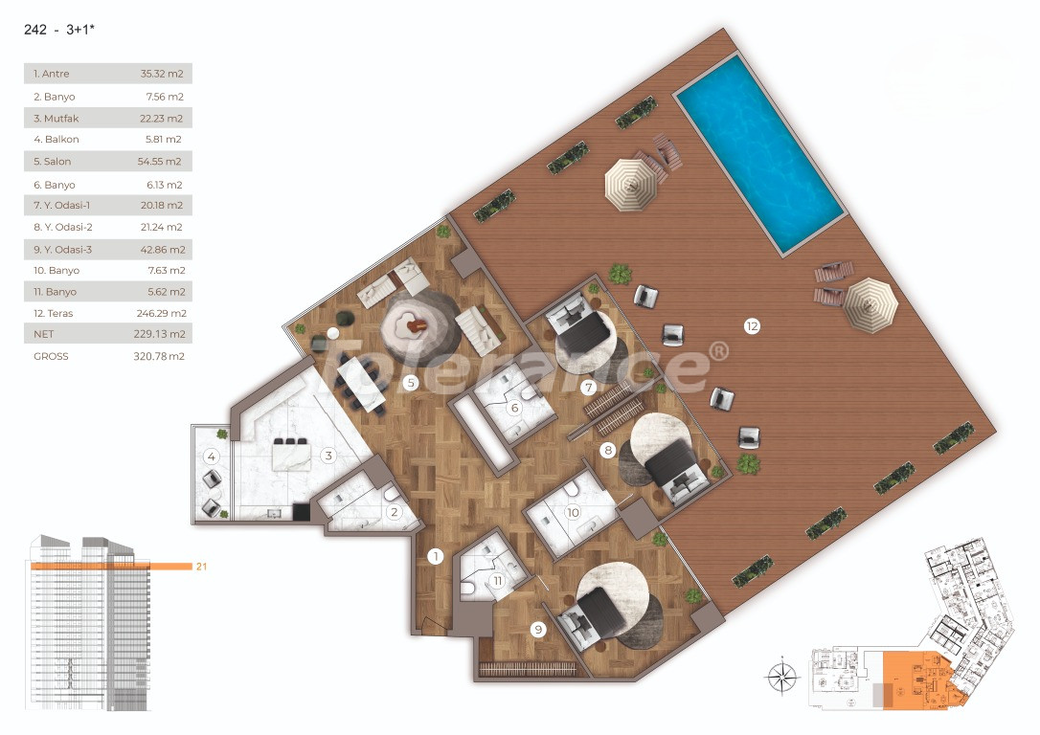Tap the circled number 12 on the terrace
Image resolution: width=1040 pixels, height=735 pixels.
752,326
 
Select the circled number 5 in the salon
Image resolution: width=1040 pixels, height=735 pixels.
410,384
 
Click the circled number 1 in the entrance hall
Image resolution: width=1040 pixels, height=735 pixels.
435,556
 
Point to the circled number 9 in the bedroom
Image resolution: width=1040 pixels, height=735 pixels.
538,629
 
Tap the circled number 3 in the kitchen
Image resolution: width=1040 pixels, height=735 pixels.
328,456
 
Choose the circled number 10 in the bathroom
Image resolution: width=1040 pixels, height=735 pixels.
573,512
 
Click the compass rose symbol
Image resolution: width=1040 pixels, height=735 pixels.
781,678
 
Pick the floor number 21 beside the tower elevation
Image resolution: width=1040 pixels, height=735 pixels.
201,567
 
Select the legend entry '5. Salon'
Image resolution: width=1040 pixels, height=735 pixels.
53,162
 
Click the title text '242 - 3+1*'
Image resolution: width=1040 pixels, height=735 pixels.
59,30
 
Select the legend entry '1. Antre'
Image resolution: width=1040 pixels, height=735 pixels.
52,74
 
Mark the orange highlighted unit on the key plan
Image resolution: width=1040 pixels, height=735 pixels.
914,680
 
